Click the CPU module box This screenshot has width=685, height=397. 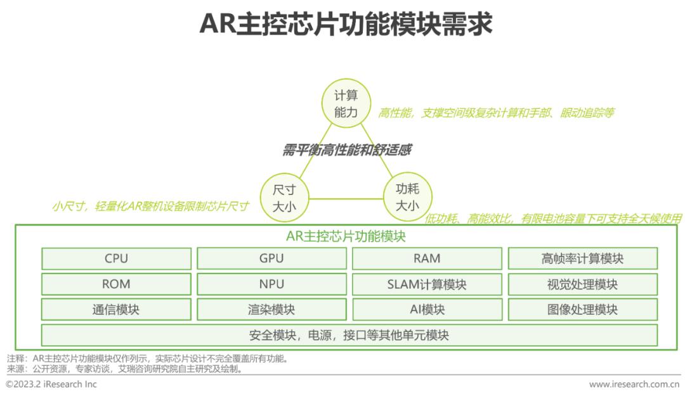click(116, 258)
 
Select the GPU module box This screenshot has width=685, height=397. click(271, 258)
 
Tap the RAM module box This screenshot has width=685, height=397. click(427, 258)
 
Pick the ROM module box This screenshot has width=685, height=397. click(116, 284)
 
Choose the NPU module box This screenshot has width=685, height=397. click(271, 284)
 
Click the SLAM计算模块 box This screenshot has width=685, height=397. click(427, 284)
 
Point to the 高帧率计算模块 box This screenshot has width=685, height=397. click(582, 258)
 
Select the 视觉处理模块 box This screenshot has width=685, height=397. click(582, 284)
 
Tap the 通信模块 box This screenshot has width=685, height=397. click(116, 310)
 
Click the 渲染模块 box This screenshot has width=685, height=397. click(271, 310)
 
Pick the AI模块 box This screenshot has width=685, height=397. click(427, 310)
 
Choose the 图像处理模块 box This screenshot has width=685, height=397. click(582, 310)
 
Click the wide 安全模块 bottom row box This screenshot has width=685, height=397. click(349, 335)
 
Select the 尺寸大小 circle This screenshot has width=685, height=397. click(284, 198)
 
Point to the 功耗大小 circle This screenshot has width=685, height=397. click(407, 196)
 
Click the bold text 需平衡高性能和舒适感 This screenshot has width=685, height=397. click(347, 150)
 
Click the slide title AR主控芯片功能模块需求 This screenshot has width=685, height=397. click(346, 25)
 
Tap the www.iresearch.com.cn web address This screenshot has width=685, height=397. click(634, 384)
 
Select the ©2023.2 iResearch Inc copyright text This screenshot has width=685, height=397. click(51, 384)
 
